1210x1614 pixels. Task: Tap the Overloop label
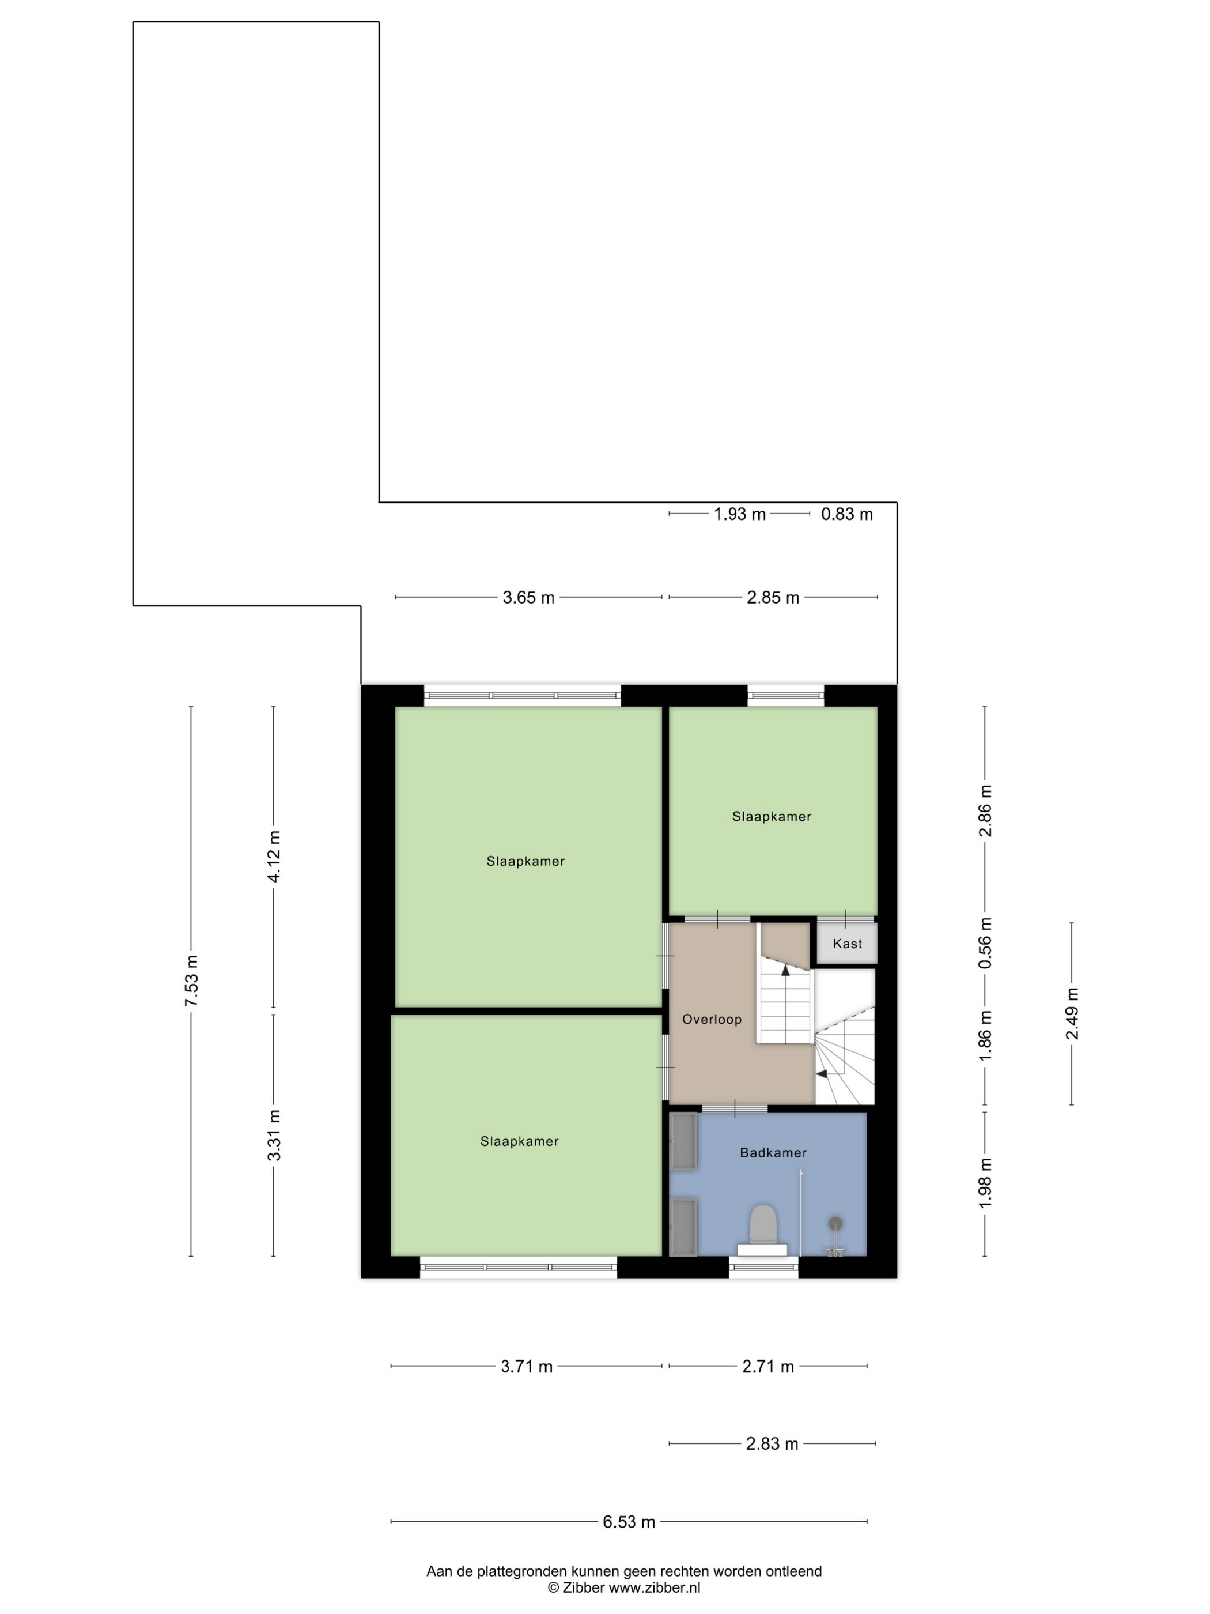[711, 1019]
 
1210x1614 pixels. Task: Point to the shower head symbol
[834, 1223]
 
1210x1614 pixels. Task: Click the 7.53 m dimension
[191, 981]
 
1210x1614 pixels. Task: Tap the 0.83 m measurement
[846, 514]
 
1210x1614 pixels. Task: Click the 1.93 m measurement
[739, 514]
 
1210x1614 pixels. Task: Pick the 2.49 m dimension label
[1071, 1013]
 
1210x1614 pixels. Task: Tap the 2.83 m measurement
[772, 1444]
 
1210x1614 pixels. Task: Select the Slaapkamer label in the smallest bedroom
[771, 816]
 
